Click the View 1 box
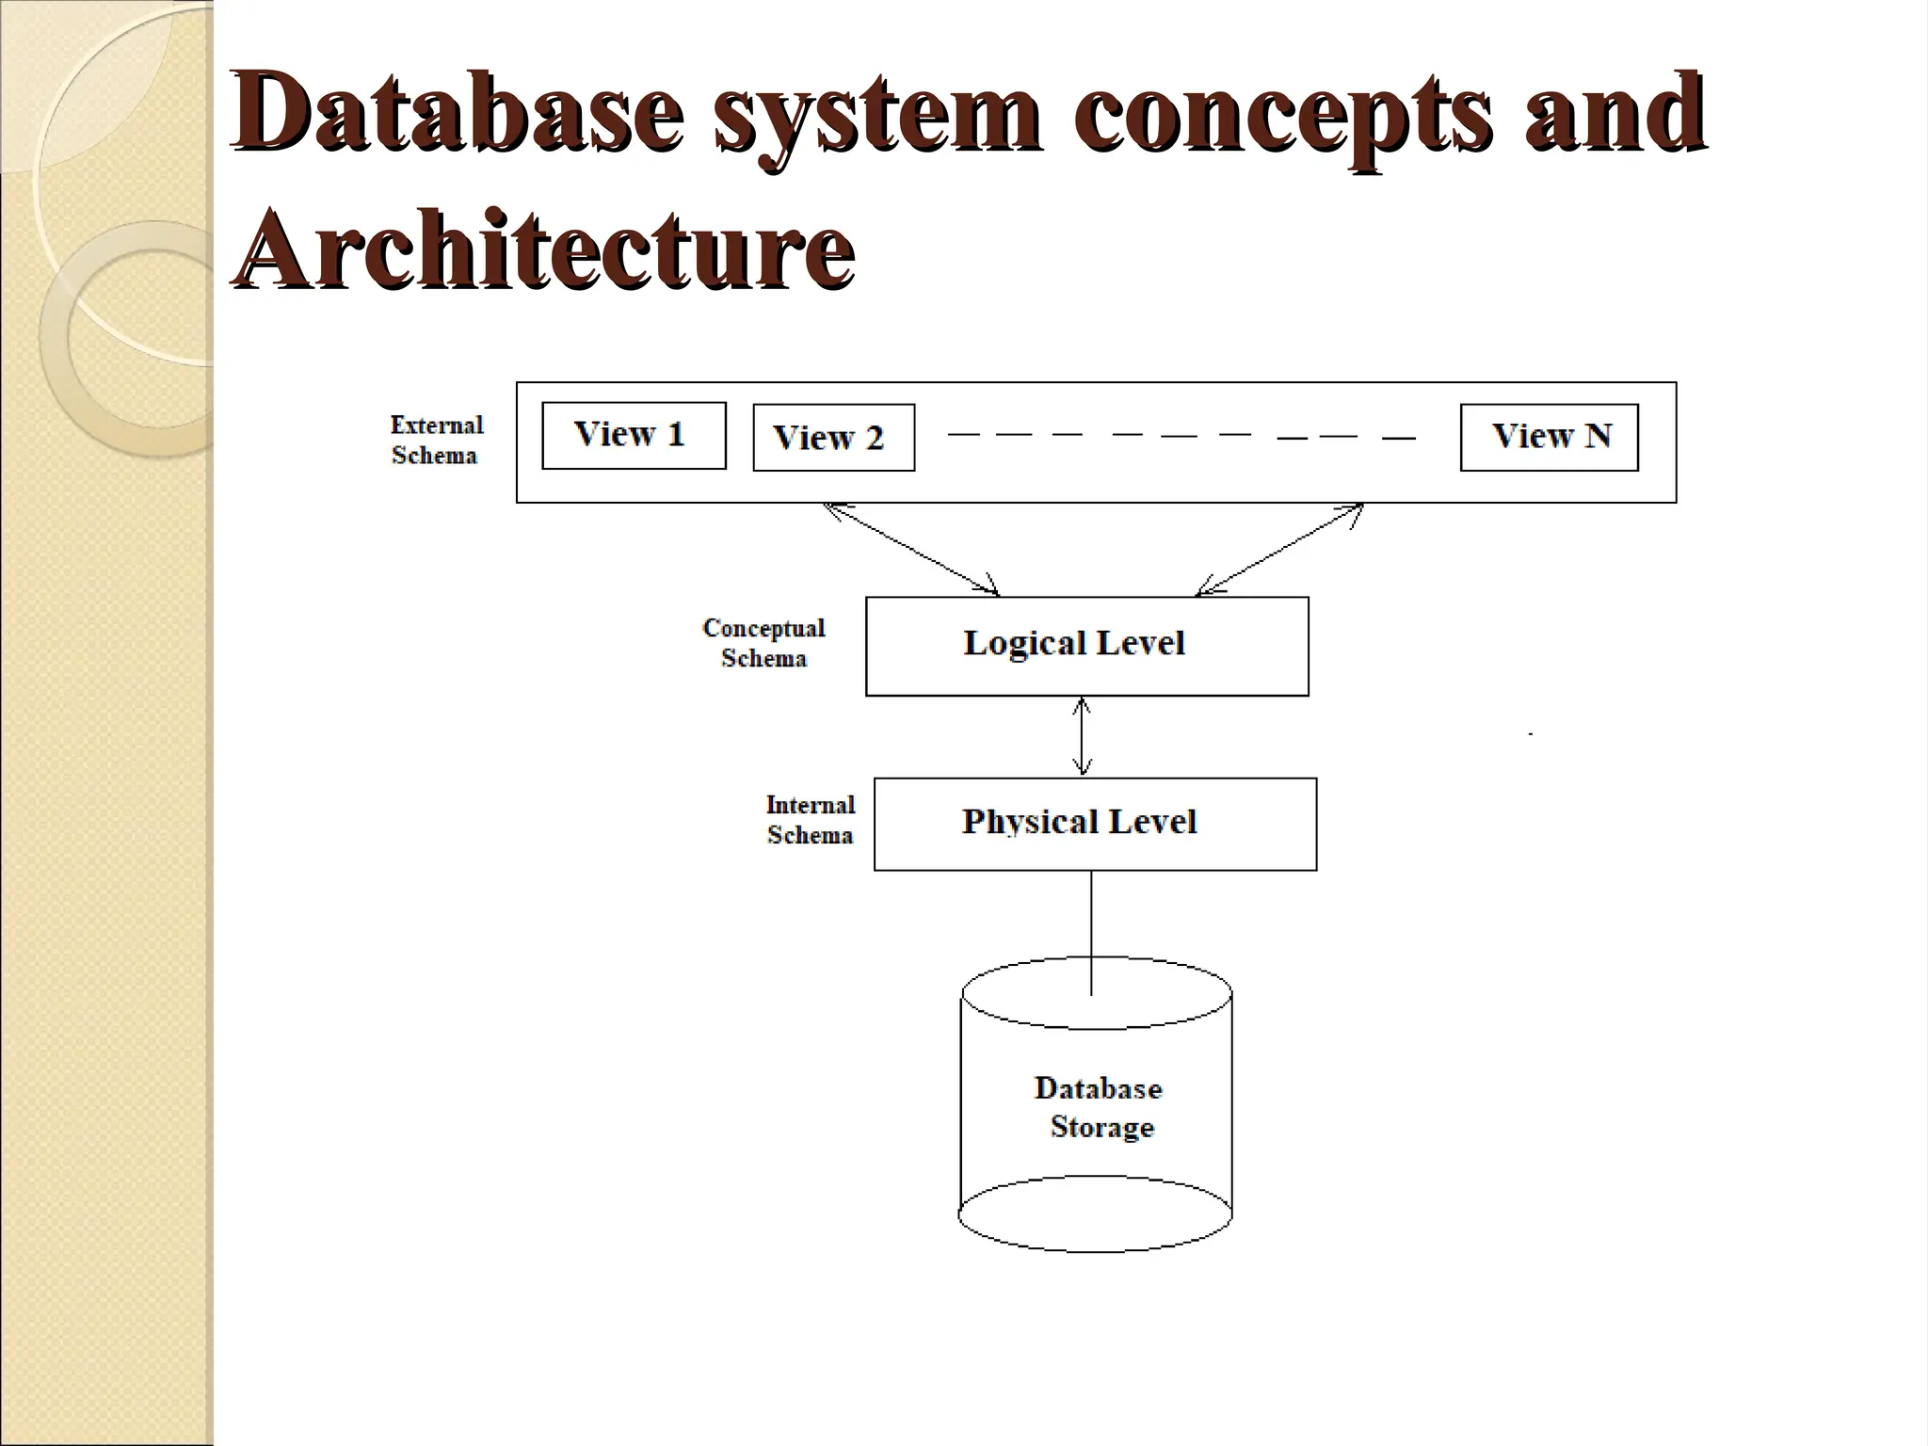tap(634, 435)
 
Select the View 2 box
tap(833, 438)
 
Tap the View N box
tap(1549, 437)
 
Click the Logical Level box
tap(1086, 646)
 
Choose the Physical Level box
tap(1095, 824)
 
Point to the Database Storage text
tap(1100, 1107)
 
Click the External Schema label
tap(436, 440)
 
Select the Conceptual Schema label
tap(763, 643)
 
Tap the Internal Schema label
tap(810, 820)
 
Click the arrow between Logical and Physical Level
tap(1083, 737)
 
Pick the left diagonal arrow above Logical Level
tap(911, 550)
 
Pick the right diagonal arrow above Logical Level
tap(1279, 550)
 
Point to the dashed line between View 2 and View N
tap(1181, 436)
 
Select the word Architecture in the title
tap(544, 249)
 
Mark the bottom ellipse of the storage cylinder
tap(1095, 1214)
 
